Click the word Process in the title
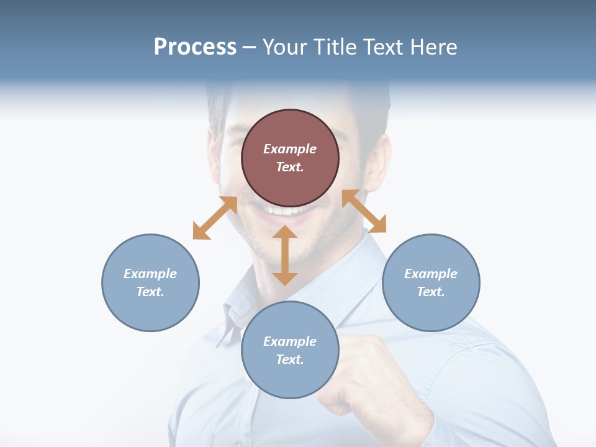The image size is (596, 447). pos(195,47)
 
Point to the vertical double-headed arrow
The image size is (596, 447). pos(285,255)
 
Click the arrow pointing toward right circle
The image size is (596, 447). pos(364,211)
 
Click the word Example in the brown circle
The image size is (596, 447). pos(290,149)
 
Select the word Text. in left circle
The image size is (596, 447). pos(150,292)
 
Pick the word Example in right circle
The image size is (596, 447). pos(431,274)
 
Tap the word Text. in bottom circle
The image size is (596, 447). pos(290,359)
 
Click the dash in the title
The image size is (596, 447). pos(249,47)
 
